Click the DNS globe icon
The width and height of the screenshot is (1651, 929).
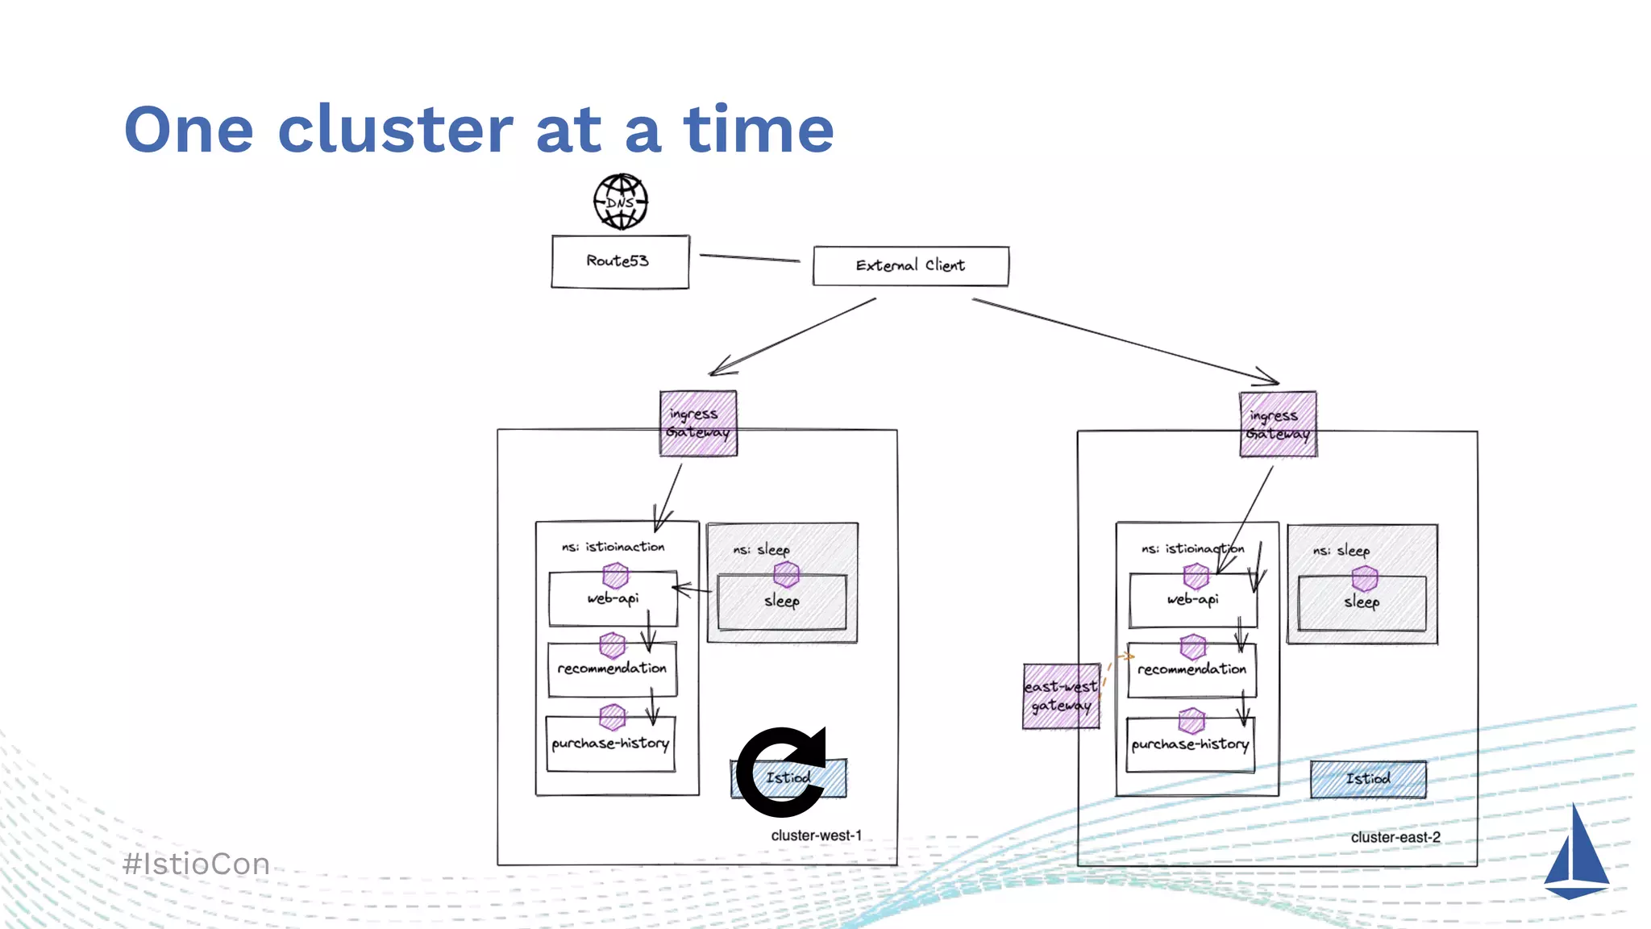tap(621, 202)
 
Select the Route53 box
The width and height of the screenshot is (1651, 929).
tap(620, 261)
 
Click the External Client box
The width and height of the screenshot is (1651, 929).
tap(910, 265)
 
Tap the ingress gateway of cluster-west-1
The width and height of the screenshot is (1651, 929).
tap(698, 423)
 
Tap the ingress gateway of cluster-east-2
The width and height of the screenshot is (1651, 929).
tap(1278, 424)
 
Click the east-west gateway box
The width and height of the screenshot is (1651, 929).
tap(1061, 696)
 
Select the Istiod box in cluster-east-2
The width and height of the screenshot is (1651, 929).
tap(1368, 779)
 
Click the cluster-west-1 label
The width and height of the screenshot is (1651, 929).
tap(816, 835)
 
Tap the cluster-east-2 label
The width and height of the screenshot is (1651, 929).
tap(1395, 837)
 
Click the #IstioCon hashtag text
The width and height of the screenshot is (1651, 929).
tap(197, 864)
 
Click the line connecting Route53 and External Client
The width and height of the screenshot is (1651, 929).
tap(750, 258)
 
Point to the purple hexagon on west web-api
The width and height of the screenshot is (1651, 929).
tap(615, 575)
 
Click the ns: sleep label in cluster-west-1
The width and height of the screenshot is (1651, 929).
tap(761, 550)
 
